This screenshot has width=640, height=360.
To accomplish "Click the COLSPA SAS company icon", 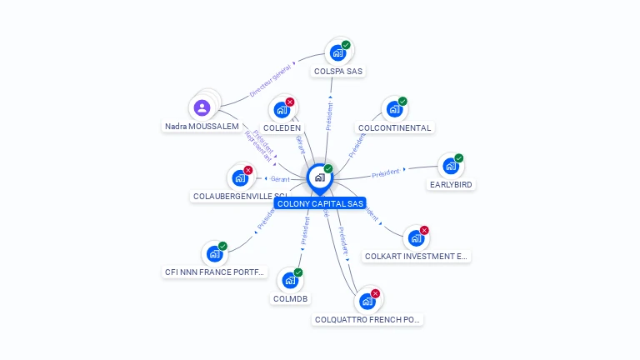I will [338, 52].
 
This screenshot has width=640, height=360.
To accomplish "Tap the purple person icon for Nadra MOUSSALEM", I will [202, 107].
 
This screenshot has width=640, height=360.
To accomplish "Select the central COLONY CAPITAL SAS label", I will [320, 203].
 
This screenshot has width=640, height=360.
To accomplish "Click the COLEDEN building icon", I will [282, 109].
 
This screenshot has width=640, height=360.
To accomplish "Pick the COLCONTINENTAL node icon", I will [394, 109].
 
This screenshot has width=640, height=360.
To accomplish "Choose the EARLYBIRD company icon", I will [451, 166].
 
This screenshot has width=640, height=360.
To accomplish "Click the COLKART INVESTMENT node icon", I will [416, 238].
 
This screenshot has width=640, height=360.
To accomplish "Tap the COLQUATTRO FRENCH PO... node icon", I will [367, 301].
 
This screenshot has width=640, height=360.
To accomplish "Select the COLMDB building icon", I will [290, 280].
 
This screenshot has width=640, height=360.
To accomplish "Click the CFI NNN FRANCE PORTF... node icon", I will [215, 253].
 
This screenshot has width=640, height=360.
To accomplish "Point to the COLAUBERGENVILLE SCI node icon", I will [240, 177].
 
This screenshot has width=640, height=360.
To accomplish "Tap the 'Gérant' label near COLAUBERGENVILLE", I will [278, 179].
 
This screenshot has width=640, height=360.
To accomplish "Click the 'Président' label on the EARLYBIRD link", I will [386, 173].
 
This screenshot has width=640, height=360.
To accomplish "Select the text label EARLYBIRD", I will [451, 185].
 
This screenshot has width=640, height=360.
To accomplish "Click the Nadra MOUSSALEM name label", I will [202, 127].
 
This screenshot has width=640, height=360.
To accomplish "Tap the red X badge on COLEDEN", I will [290, 102].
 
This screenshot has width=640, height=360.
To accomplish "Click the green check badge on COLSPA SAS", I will [346, 45].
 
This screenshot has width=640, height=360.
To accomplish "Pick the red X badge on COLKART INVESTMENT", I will [424, 231].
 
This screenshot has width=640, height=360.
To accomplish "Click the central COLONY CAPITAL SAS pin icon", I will [319, 177].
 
